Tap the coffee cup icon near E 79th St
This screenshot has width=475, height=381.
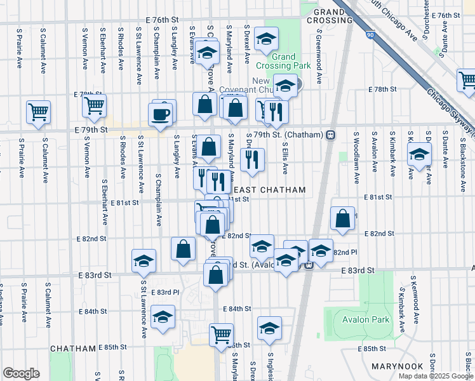pos(159,115)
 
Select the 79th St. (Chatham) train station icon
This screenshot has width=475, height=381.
pos(330,135)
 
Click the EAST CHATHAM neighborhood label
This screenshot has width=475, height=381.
pos(270,190)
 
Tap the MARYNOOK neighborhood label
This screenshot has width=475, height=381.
pos(398,366)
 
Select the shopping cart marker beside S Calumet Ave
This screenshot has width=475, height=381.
pos(39,112)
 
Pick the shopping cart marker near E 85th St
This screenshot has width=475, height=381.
pos(221,334)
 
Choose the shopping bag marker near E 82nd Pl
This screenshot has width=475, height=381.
pos(342,218)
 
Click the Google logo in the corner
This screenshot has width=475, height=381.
pos(21,373)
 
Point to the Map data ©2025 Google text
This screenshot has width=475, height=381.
pos(435,375)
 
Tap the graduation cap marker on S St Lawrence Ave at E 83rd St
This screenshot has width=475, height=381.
pos(144,260)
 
